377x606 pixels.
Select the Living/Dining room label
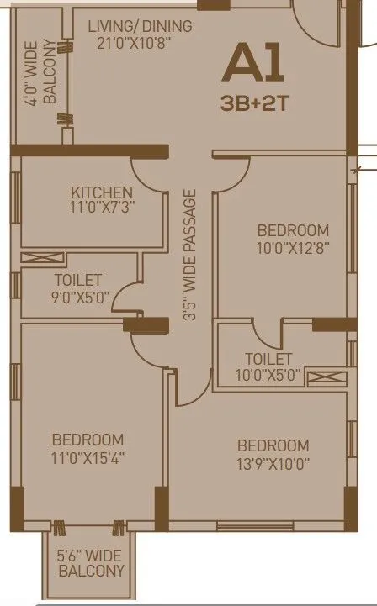pyautogui.click(x=140, y=26)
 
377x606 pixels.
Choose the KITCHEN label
pyautogui.click(x=102, y=192)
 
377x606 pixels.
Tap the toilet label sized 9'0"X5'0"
pyautogui.click(x=78, y=280)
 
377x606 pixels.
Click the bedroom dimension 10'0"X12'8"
pyautogui.click(x=292, y=248)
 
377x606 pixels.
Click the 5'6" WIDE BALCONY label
pyautogui.click(x=91, y=562)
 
